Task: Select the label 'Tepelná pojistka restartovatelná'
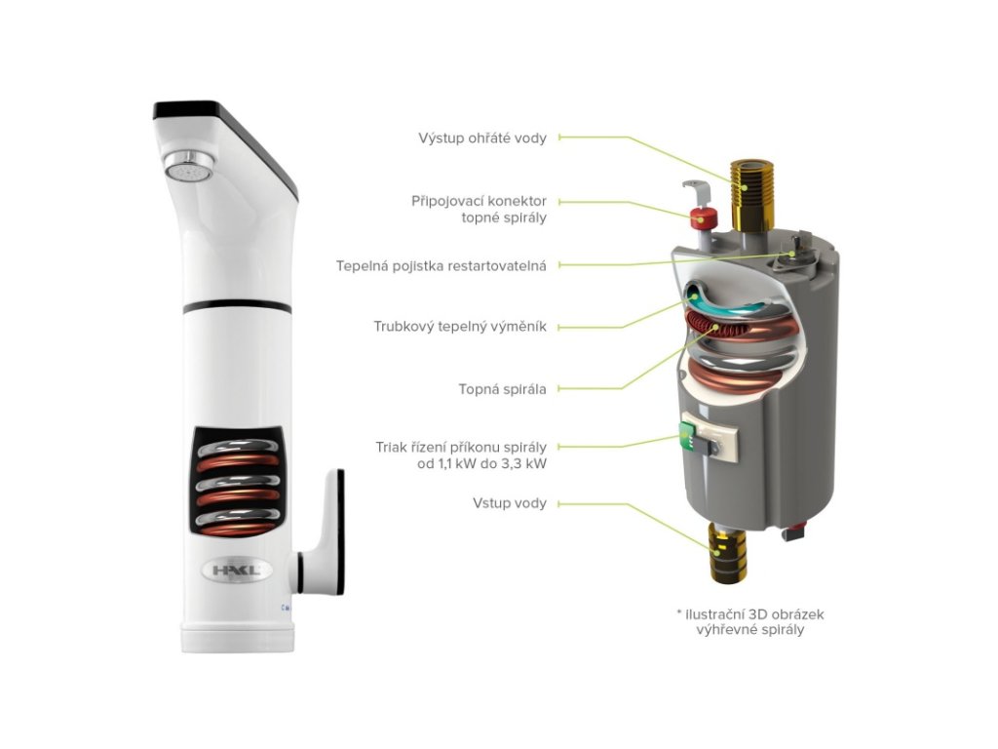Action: (441, 265)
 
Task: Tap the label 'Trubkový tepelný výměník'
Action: (460, 327)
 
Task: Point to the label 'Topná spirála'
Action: (502, 388)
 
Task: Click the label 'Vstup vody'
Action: (509, 503)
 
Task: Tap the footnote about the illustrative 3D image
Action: (743, 621)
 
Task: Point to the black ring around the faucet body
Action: (236, 306)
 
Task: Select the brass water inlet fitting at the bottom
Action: (726, 551)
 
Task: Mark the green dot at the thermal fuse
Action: (791, 253)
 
